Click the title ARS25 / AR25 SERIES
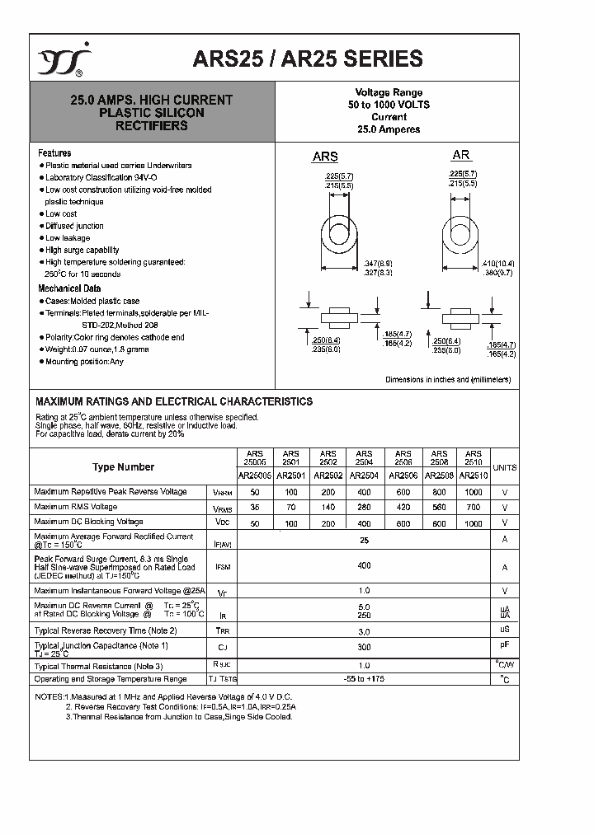click(308, 59)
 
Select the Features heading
click(54, 153)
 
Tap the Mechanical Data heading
click(69, 288)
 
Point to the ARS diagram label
click(324, 157)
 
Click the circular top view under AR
click(462, 231)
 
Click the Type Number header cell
click(123, 467)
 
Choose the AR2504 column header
click(364, 476)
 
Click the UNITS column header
click(504, 467)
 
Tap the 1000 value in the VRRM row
click(473, 492)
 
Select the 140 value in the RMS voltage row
click(328, 507)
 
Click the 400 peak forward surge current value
click(364, 566)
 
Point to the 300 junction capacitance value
click(364, 648)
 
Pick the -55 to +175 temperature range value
click(364, 679)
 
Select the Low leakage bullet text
click(68, 238)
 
